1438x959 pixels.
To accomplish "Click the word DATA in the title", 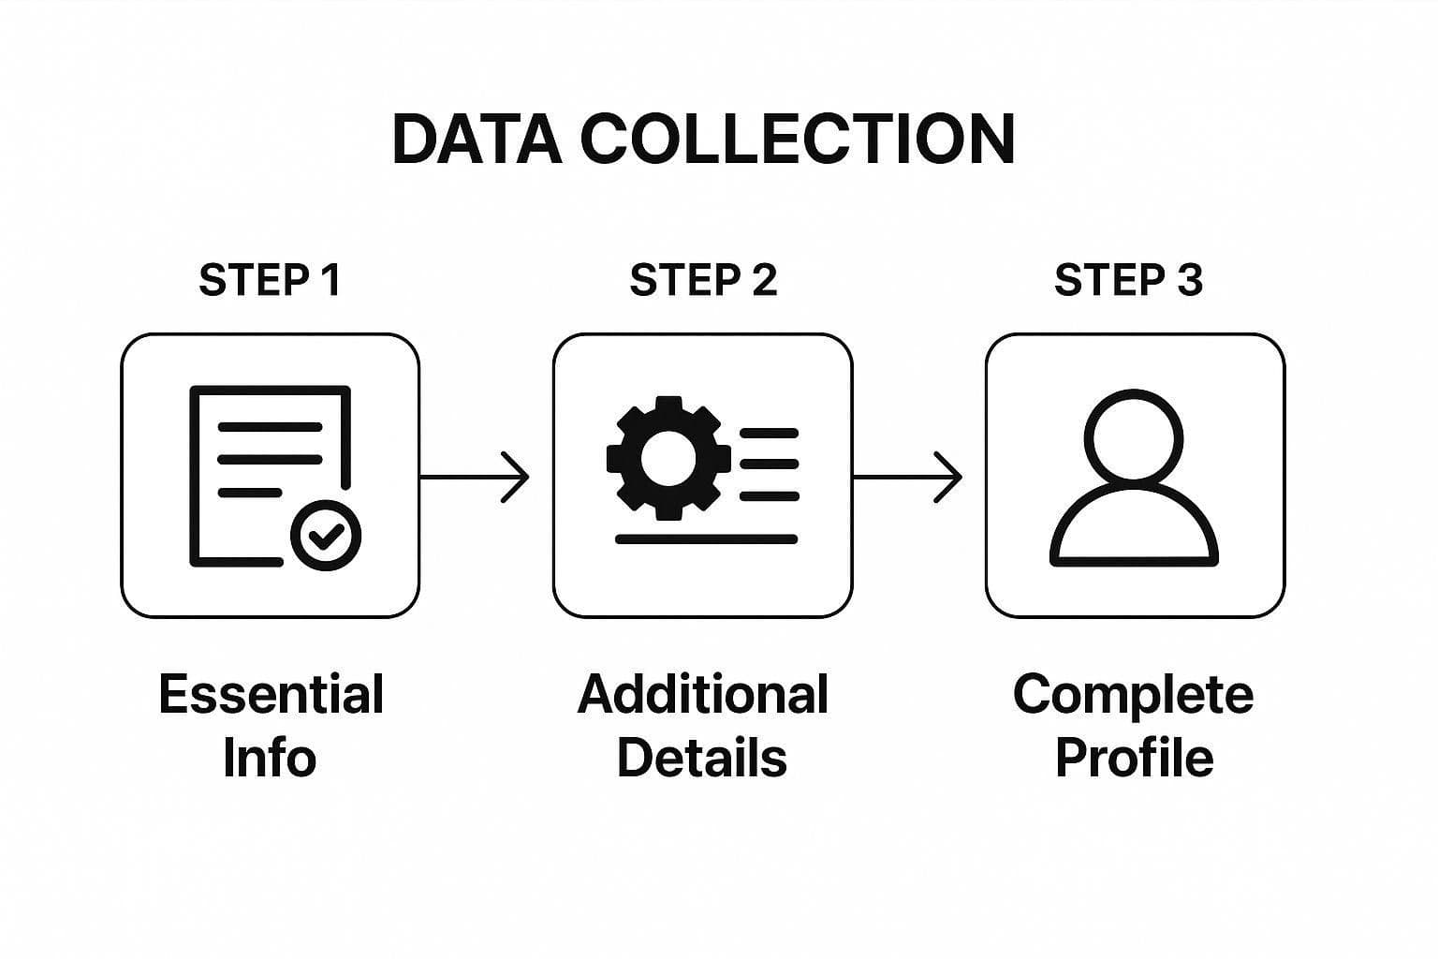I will click(x=477, y=140).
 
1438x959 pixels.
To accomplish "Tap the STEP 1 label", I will click(x=270, y=280).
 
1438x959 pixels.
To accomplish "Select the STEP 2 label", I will click(x=703, y=280).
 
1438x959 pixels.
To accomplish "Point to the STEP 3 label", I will click(x=1128, y=280).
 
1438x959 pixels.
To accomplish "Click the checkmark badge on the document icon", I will click(x=326, y=536).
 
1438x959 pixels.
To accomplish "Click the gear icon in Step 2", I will click(x=668, y=458).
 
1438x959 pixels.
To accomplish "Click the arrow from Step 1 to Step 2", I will click(x=476, y=477).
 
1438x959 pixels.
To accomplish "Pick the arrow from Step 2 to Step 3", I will click(x=908, y=477).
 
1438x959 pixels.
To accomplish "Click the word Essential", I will click(x=271, y=695).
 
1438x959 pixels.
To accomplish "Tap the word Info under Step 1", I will click(x=270, y=758).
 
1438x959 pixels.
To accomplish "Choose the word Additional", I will click(x=703, y=695).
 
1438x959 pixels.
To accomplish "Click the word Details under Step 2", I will click(x=702, y=758).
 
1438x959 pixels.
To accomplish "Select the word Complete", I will click(x=1133, y=696).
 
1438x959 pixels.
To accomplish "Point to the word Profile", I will click(x=1134, y=758).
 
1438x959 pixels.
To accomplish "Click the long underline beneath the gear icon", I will click(x=706, y=539).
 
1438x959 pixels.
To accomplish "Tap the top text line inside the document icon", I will click(x=270, y=427).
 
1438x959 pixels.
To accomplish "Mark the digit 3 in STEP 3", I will click(x=1189, y=280).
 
